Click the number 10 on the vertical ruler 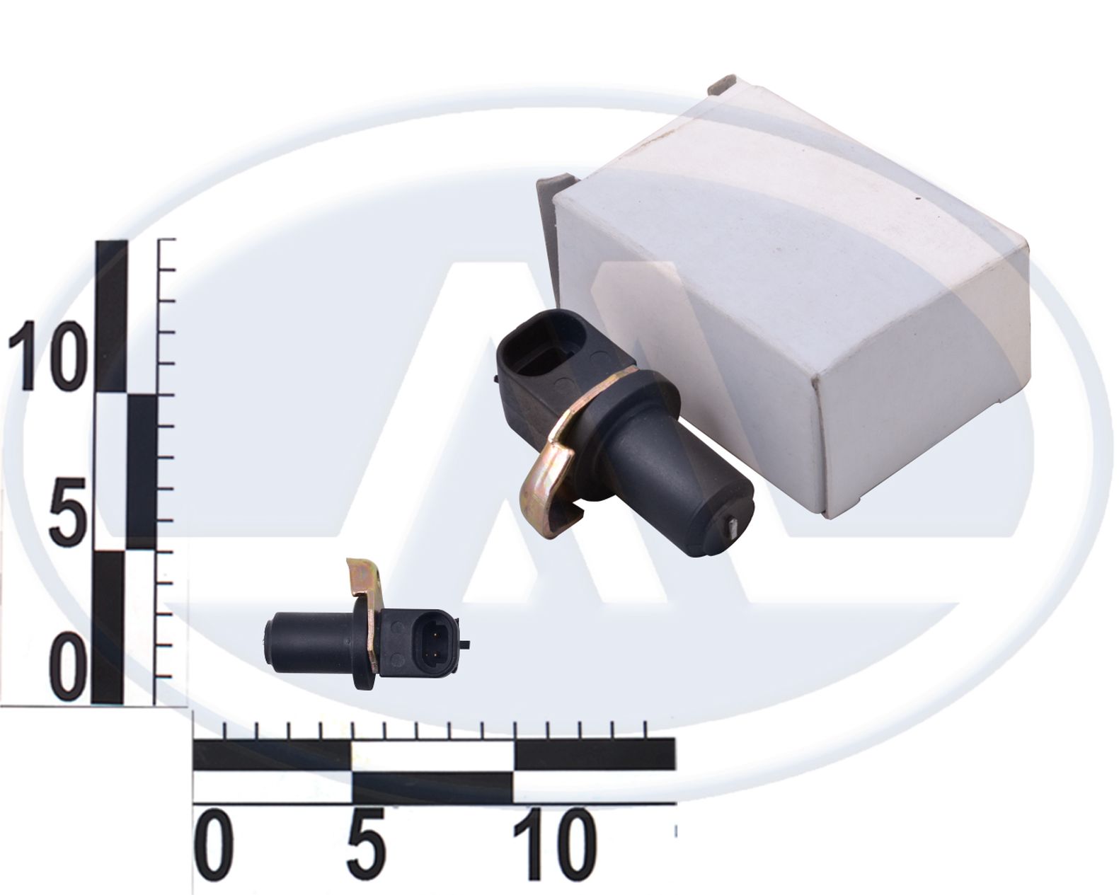pos(46,356)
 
